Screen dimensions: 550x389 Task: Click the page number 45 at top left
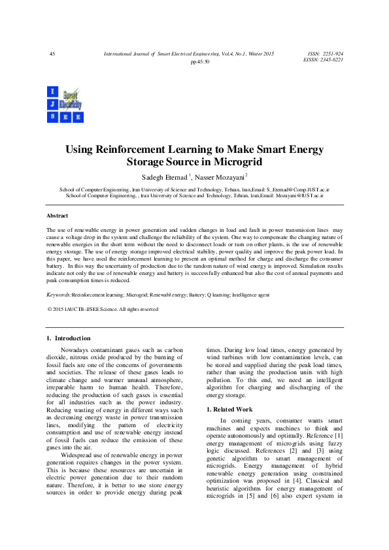click(52, 53)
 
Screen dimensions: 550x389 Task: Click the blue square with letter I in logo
click(52, 91)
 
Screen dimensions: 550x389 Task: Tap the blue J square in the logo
click(52, 105)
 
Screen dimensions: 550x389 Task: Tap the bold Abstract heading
click(57, 216)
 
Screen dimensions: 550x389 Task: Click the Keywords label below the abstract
click(59, 296)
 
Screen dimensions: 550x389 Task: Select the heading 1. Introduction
click(69, 338)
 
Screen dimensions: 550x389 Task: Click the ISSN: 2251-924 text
click(325, 53)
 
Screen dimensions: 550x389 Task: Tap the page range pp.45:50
click(199, 61)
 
